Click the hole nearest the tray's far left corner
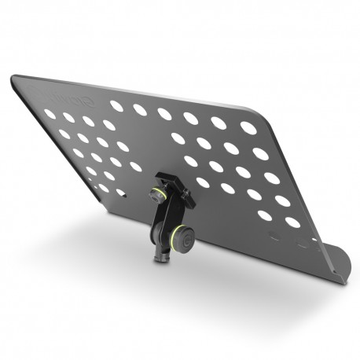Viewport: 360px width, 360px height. click(x=50, y=114)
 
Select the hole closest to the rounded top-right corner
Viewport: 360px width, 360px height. click(x=248, y=127)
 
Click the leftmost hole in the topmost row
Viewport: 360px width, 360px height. click(x=116, y=105)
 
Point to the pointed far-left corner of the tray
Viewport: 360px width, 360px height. click(x=13, y=76)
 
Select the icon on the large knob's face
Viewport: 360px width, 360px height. click(x=187, y=237)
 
